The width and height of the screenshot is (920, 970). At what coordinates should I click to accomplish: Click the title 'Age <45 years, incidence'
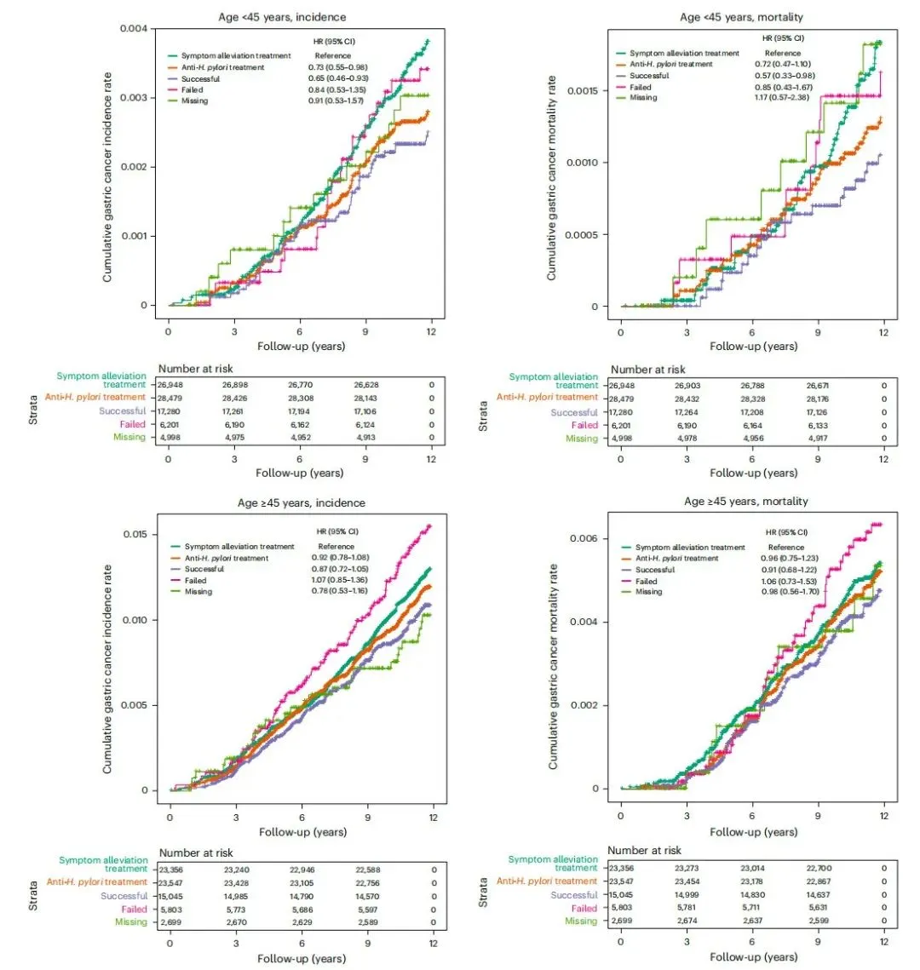(x=282, y=17)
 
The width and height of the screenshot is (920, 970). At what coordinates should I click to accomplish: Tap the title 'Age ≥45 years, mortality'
(x=746, y=502)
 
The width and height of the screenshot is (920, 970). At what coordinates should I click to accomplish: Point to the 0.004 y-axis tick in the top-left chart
(x=135, y=28)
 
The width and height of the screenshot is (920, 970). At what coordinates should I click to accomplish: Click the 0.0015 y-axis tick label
(x=583, y=91)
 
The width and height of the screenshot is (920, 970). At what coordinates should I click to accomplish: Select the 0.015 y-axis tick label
(x=135, y=534)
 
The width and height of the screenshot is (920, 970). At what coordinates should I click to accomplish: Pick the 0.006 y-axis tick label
(x=584, y=538)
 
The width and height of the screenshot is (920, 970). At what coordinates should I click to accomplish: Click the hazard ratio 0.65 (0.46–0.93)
(x=338, y=78)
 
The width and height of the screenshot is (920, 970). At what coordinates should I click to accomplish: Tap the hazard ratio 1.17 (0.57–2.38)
(x=782, y=97)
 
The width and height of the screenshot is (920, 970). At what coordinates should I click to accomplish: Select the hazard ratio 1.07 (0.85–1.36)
(x=339, y=580)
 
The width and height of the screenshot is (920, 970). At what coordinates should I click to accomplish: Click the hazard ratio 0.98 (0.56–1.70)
(x=790, y=592)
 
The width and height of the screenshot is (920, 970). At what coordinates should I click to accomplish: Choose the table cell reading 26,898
(x=235, y=385)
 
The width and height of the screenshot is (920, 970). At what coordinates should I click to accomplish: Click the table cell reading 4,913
(x=365, y=438)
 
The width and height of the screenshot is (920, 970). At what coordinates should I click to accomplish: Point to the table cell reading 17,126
(x=817, y=412)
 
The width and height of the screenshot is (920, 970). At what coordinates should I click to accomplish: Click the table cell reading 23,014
(x=752, y=869)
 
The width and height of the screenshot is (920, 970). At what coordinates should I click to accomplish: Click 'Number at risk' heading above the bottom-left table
(x=196, y=853)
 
